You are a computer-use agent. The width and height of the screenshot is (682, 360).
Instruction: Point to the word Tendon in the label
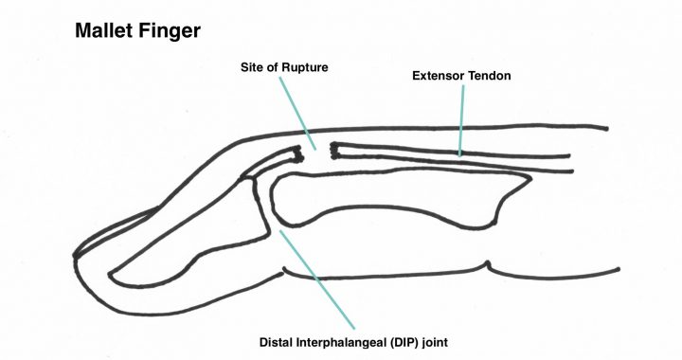tap(496, 75)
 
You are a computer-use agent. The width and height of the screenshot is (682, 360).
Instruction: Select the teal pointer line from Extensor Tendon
tap(461, 117)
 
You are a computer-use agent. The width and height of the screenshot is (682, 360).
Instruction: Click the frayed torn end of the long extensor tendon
tap(334, 148)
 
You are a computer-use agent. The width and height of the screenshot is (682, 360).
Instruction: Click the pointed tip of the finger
tap(76, 255)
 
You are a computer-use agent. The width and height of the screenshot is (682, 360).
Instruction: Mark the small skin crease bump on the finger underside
tap(486, 263)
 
